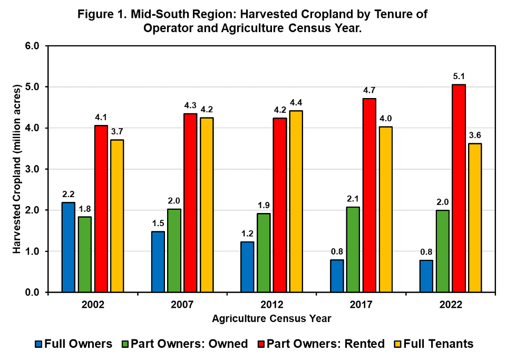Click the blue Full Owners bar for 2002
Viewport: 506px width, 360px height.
[x=69, y=247]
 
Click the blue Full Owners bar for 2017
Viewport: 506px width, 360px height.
[x=337, y=276]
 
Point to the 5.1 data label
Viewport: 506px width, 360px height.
[x=459, y=76]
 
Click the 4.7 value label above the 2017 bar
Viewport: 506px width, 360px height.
[x=369, y=90]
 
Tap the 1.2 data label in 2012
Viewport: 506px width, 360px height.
[x=247, y=233]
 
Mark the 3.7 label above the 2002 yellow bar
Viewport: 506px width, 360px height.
[x=117, y=131]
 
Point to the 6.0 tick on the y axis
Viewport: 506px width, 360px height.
[x=33, y=46]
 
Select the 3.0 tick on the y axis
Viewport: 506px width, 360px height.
[x=33, y=169]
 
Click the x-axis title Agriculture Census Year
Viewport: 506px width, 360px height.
[x=271, y=318]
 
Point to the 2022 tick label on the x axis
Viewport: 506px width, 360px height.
[x=451, y=305]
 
